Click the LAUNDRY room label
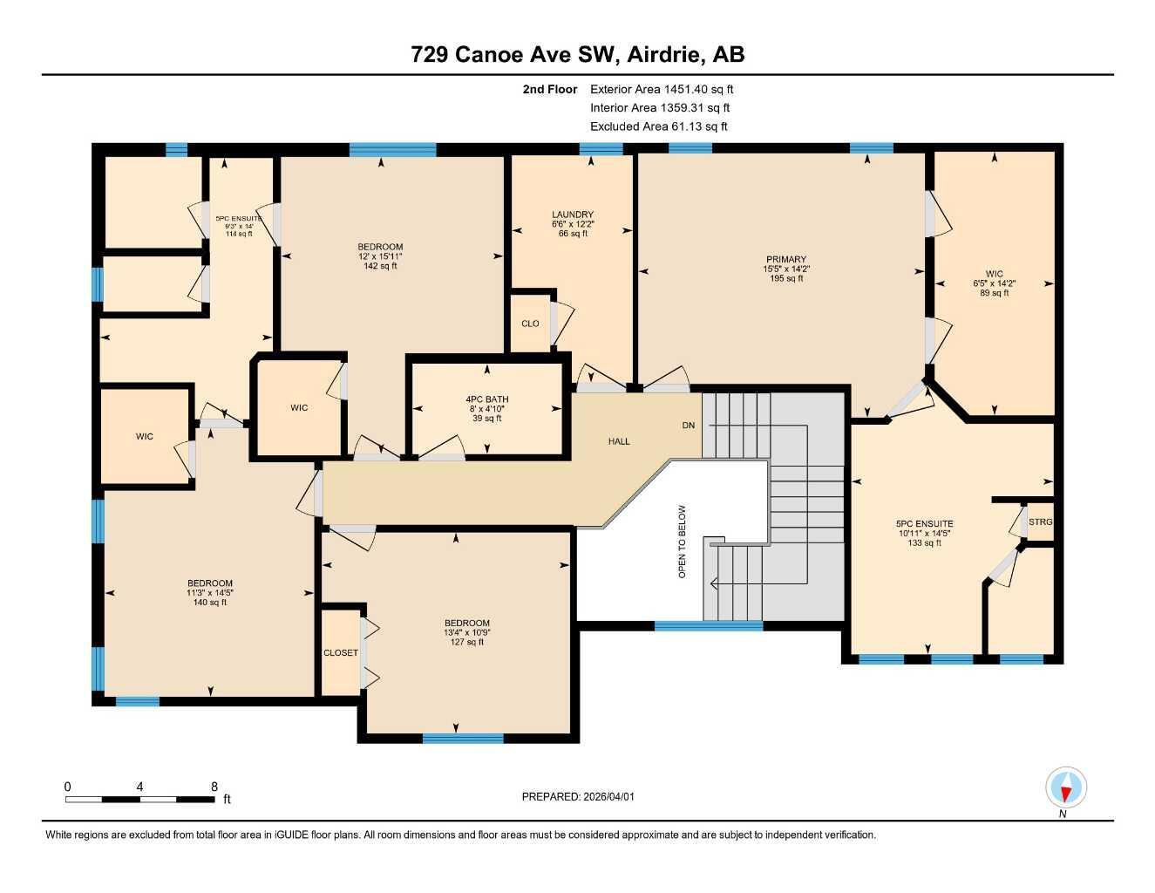pyautogui.click(x=573, y=215)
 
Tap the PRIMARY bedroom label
pyautogui.click(x=786, y=259)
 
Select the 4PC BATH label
pyautogui.click(x=486, y=399)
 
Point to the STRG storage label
pyautogui.click(x=1040, y=521)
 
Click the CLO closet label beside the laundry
pyautogui.click(x=530, y=324)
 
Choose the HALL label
pyautogui.click(x=619, y=441)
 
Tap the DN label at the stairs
pyautogui.click(x=689, y=426)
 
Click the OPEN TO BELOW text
pyautogui.click(x=683, y=542)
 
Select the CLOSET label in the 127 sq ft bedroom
pyautogui.click(x=341, y=652)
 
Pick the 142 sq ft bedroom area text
pyautogui.click(x=380, y=267)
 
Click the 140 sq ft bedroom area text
pyautogui.click(x=210, y=603)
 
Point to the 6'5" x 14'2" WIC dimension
pyautogui.click(x=994, y=283)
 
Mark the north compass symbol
pyautogui.click(x=1066, y=788)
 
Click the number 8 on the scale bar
pyautogui.click(x=214, y=786)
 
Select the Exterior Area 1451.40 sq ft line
pyautogui.click(x=662, y=89)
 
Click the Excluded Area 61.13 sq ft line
pyautogui.click(x=658, y=126)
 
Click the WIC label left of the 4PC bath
pyautogui.click(x=299, y=408)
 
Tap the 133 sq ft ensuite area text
pyautogui.click(x=924, y=543)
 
